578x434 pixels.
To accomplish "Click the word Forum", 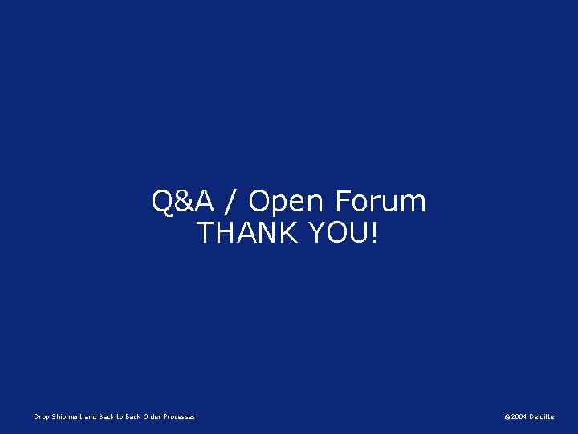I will click(381, 202).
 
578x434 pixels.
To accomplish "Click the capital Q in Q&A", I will click(162, 202).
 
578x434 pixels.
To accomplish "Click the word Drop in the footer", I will click(42, 416).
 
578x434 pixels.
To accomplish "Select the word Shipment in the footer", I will click(67, 416).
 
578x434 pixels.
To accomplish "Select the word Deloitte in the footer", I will click(541, 416).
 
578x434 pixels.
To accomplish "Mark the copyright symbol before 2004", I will click(507, 416).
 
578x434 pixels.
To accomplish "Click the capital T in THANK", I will click(205, 233).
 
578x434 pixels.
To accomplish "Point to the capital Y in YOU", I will click(313, 233).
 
